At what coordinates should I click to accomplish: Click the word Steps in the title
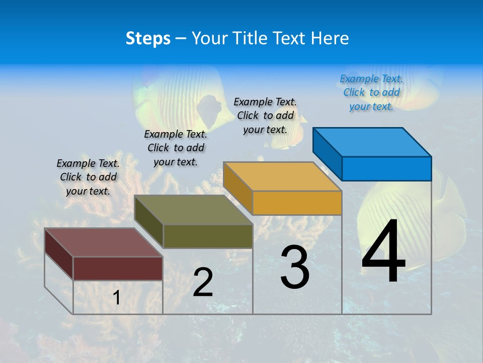click(148, 38)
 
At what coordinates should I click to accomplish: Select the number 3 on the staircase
click(295, 267)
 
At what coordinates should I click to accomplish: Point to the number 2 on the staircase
click(203, 282)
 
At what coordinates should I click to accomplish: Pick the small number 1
click(117, 297)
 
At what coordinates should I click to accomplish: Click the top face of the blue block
click(371, 142)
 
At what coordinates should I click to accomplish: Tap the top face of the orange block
click(282, 176)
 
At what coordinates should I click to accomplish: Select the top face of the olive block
click(193, 210)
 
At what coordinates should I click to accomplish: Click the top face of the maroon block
click(104, 243)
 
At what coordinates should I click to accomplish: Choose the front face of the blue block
click(386, 168)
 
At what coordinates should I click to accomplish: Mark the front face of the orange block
click(297, 203)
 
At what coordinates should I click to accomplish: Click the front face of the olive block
click(208, 236)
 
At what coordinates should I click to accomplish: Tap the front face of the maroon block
click(118, 268)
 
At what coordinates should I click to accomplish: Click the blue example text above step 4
click(371, 92)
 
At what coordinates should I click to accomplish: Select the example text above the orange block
click(265, 115)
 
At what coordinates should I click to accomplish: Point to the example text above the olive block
click(176, 148)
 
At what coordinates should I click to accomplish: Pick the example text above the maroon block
click(88, 177)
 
